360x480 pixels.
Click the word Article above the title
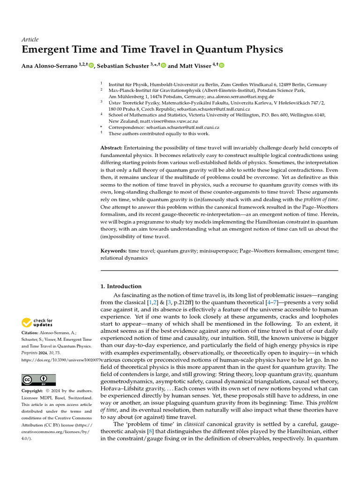pyautogui.click(x=30, y=39)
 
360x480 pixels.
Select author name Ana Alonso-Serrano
pyautogui.click(x=49, y=66)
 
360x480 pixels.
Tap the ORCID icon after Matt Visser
pyautogui.click(x=222, y=66)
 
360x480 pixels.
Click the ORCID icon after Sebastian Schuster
pyautogui.click(x=163, y=66)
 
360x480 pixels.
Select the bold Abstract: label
pyautogui.click(x=112, y=148)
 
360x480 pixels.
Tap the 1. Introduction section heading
pyautogui.click(x=121, y=286)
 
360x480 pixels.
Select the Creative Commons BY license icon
pyautogui.click(x=38, y=380)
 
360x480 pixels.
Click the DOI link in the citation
pyautogui.click(x=61, y=361)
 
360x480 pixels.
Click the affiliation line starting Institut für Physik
pyautogui.click(x=217, y=84)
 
